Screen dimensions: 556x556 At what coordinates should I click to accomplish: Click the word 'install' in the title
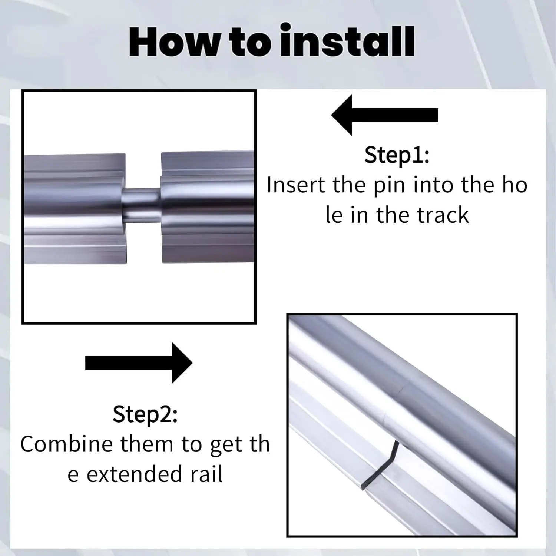[x=347, y=42]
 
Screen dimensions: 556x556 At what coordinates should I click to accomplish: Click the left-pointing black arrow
[x=384, y=115]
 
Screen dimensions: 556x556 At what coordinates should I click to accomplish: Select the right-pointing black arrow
[x=139, y=363]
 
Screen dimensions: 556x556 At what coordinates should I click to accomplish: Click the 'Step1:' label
[x=397, y=155]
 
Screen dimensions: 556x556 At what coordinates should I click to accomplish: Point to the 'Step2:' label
[x=145, y=414]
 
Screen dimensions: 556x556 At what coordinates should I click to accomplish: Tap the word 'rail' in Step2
[x=206, y=474]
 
